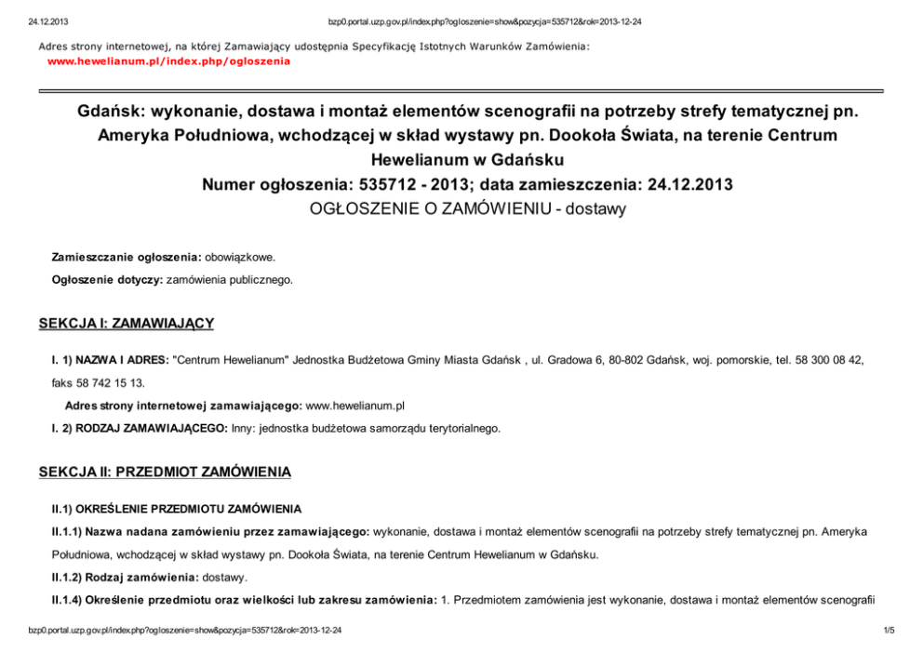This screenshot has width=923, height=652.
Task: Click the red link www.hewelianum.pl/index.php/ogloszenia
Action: click(x=168, y=61)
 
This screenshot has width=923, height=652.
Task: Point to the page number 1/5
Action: click(x=888, y=632)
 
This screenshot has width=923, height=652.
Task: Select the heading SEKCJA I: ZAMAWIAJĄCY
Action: click(x=127, y=324)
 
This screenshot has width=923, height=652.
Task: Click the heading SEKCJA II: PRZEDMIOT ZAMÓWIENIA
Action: click(x=165, y=472)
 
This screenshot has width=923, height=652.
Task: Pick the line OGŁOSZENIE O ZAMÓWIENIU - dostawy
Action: click(x=467, y=209)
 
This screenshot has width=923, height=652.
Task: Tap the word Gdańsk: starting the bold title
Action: click(x=105, y=112)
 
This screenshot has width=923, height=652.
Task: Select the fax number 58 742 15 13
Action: click(x=112, y=382)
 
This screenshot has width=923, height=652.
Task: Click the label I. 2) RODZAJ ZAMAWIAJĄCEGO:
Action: click(x=139, y=429)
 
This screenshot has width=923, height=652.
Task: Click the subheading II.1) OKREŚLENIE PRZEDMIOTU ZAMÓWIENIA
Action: click(x=176, y=509)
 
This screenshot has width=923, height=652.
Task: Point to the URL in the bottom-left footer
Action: click(x=184, y=632)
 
